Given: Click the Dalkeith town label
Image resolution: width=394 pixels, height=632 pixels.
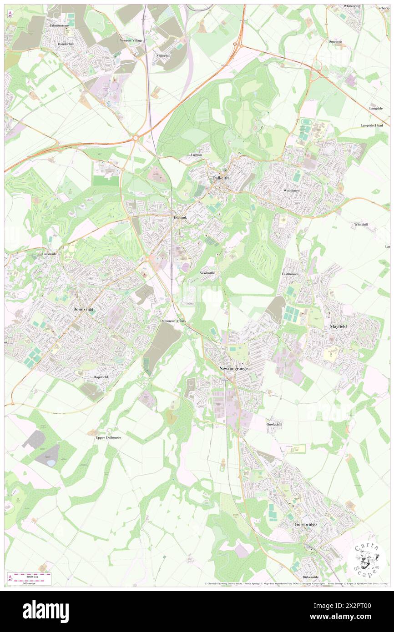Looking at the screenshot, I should click(x=221, y=178).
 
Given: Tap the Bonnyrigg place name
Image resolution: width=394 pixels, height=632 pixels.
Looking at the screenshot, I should click(x=83, y=309).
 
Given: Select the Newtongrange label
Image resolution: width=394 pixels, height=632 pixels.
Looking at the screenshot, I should click(x=233, y=368).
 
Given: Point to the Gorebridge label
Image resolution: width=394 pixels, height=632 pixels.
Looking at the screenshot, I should click(x=305, y=524).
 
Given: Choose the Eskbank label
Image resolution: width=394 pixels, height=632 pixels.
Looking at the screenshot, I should click(x=181, y=218).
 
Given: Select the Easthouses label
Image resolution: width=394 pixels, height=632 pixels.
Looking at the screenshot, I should click(x=290, y=275).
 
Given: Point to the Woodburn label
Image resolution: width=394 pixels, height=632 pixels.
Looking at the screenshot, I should click(x=292, y=190).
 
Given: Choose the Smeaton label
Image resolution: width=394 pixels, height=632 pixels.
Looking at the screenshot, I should click(x=335, y=41).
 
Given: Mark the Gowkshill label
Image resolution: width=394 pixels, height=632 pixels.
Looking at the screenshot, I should click(x=274, y=424).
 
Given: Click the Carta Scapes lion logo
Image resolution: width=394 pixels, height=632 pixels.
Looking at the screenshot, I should click(x=367, y=559).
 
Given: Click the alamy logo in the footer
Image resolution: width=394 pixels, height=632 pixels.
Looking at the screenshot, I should click(x=45, y=611).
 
